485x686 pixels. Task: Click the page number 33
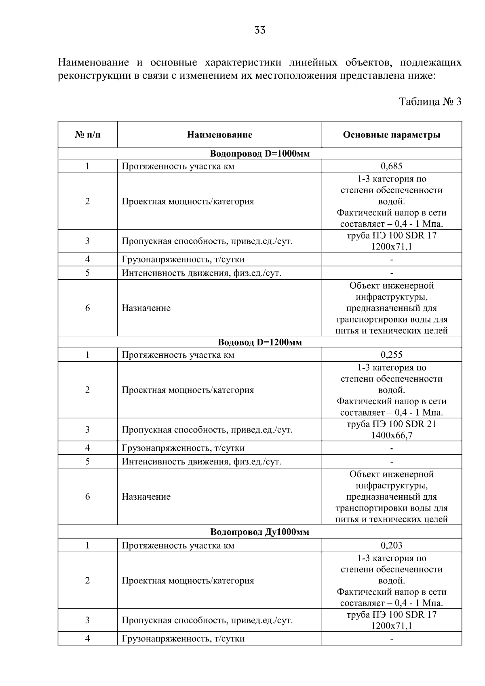[x=260, y=30]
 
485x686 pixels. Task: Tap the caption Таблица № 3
[x=430, y=101]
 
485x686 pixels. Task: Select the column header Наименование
[x=219, y=135]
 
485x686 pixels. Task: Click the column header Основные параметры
[x=391, y=135]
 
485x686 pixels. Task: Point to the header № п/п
[x=87, y=135]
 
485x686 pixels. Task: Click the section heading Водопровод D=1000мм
[x=259, y=154]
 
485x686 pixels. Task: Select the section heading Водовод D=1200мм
[x=259, y=342]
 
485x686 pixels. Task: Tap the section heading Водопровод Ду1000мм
[x=259, y=532]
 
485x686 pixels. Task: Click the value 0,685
[x=391, y=166]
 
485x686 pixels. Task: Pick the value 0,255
[x=391, y=355]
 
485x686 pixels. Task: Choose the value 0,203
[x=391, y=545]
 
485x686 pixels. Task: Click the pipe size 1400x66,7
[x=391, y=435]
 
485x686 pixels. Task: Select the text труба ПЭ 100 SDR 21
[x=391, y=424]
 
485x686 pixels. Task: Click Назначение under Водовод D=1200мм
[x=146, y=497]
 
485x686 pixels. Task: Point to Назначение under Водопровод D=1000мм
[x=146, y=308]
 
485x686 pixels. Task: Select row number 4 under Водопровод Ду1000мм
[x=87, y=639]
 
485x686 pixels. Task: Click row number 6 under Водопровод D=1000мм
[x=87, y=308]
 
